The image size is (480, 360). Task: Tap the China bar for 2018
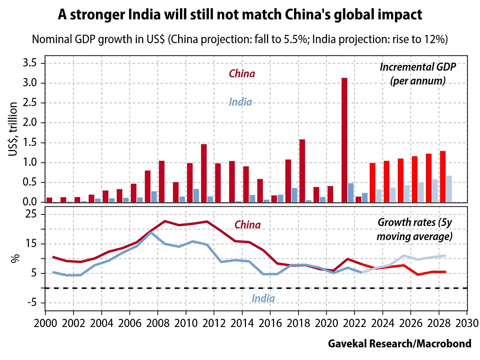click(302, 171)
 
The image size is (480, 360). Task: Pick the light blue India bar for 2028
click(449, 189)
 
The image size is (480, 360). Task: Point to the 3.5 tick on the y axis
click(30, 63)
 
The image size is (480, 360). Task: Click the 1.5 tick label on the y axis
click(30, 142)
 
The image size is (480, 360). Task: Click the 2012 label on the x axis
click(214, 323)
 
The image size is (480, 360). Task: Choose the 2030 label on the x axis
click(467, 323)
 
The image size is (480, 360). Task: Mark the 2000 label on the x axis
click(45, 323)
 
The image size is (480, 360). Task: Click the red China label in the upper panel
click(242, 74)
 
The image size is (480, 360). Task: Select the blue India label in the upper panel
click(240, 102)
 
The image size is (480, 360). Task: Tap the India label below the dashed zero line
click(263, 298)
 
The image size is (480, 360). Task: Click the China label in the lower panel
click(247, 225)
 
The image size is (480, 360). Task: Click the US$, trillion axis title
click(13, 129)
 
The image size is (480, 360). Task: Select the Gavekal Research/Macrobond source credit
click(399, 343)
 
